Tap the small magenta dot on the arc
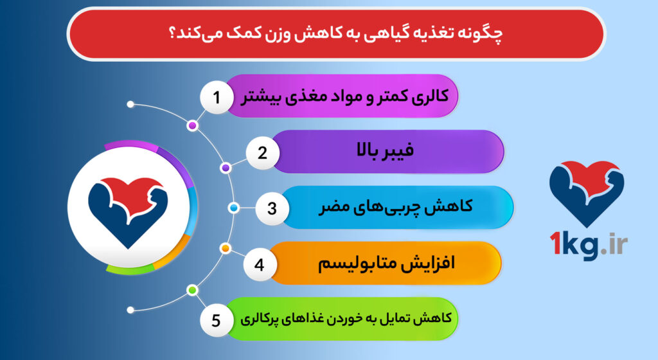click(192, 125)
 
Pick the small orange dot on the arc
click(226, 248)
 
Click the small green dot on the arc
click(191, 291)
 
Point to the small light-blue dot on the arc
click(234, 208)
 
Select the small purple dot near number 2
click(226, 168)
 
